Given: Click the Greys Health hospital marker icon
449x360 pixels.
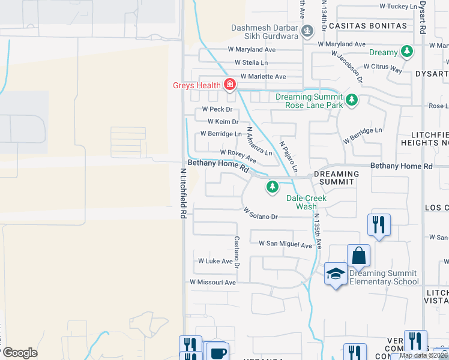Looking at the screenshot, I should (229, 85).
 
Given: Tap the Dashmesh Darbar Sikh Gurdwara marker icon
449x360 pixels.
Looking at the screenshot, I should (307, 31).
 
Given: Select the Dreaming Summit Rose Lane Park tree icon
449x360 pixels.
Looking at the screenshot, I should (352, 100).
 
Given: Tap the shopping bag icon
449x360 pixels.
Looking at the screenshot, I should (358, 256).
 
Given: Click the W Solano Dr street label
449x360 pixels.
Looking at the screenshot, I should (261, 214).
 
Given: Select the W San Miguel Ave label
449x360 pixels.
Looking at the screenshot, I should (285, 244).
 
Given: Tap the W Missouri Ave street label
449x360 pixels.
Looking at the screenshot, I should (212, 282).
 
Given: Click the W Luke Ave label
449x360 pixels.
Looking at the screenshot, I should (215, 262).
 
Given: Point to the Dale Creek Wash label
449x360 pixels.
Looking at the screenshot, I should (306, 202).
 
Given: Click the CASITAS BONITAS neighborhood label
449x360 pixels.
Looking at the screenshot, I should (367, 26).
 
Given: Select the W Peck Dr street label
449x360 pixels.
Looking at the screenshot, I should (217, 110).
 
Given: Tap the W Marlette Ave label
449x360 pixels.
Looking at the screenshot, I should (263, 77).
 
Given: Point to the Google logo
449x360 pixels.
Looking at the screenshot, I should (19, 353).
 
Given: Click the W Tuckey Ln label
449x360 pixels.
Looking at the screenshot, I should (397, 7).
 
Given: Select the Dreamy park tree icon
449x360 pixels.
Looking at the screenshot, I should (408, 52).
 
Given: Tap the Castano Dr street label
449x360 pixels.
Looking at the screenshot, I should (237, 253).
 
